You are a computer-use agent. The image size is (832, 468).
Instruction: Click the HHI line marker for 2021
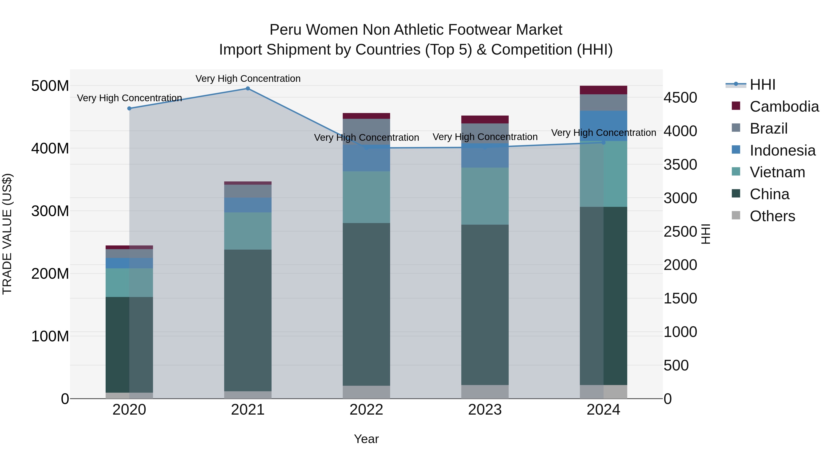click(x=248, y=89)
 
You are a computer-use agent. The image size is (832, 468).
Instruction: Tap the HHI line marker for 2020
click(x=129, y=109)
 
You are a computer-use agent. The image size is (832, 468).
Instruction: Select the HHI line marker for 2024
click(x=603, y=142)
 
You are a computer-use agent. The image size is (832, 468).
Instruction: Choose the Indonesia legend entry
click(x=782, y=150)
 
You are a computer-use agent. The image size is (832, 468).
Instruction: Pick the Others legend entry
click(x=772, y=216)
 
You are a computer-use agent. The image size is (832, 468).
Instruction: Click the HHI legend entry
click(x=762, y=85)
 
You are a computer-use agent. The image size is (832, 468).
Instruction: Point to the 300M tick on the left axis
click(x=50, y=211)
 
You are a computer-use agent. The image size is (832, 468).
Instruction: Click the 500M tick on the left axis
click(x=50, y=86)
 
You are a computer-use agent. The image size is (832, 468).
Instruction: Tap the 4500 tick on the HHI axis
click(x=680, y=98)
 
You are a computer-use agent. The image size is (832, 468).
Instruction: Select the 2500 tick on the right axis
click(x=680, y=232)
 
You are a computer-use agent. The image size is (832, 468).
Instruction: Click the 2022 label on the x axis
click(x=366, y=410)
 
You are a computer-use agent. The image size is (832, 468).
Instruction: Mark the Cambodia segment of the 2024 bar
click(x=603, y=90)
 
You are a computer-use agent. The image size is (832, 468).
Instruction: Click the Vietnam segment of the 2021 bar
click(x=248, y=231)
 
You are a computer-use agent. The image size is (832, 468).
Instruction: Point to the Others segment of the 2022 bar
click(x=366, y=392)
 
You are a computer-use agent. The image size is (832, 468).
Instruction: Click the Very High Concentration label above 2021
click(x=248, y=79)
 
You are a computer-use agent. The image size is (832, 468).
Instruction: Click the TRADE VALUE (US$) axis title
click(x=7, y=234)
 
